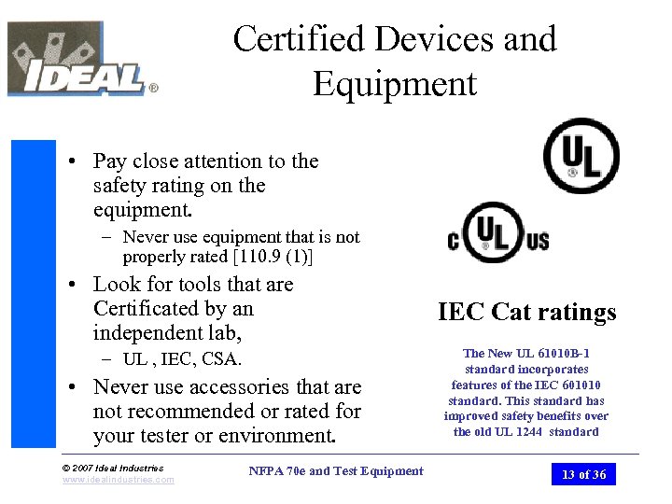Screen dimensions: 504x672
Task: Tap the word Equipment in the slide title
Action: pyautogui.click(x=395, y=84)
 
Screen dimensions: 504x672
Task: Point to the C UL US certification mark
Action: pyautogui.click(x=498, y=233)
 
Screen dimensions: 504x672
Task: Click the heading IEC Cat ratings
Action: pyautogui.click(x=527, y=312)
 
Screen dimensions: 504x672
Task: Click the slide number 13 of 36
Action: pyautogui.click(x=583, y=474)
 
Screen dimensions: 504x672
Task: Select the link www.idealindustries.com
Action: pyautogui.click(x=118, y=480)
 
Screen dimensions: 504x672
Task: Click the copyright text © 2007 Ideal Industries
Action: pyautogui.click(x=112, y=468)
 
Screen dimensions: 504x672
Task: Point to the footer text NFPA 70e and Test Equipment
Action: pyautogui.click(x=336, y=471)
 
